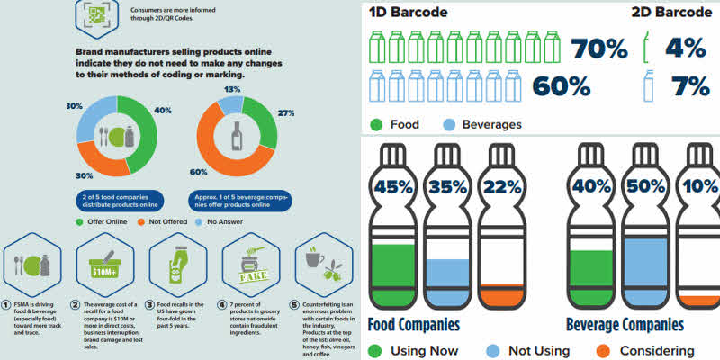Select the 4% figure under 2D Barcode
click(685, 49)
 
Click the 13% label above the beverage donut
click(232, 89)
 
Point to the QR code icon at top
click(94, 14)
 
